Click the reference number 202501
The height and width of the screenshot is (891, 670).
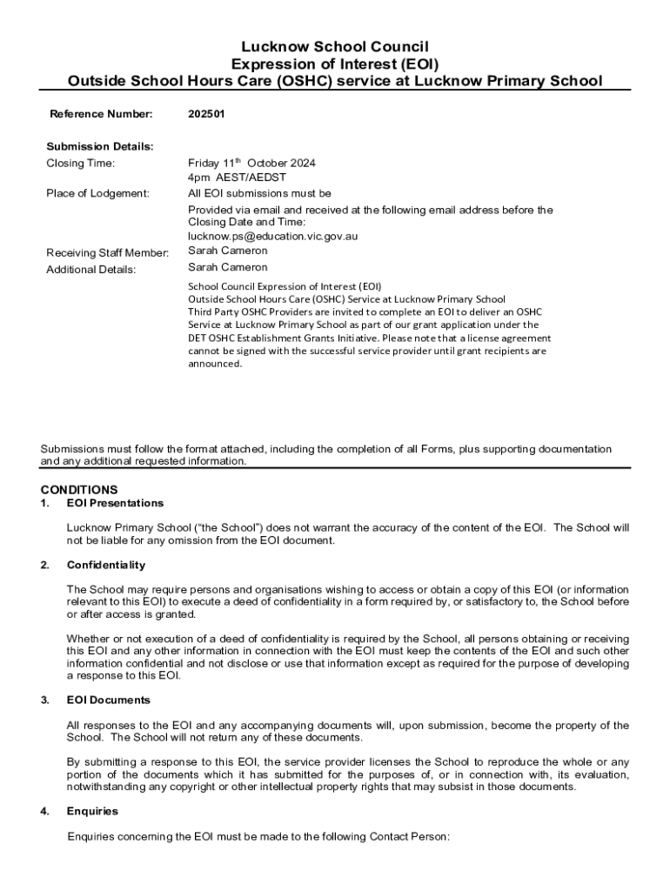(x=206, y=114)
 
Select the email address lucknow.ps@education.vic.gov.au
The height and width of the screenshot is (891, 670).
(x=273, y=236)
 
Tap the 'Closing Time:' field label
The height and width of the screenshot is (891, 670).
(x=80, y=164)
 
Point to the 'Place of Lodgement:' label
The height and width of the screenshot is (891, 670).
(x=97, y=193)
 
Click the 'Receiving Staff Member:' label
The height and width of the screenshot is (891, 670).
(x=107, y=253)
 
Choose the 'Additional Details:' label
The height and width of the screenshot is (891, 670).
(x=90, y=270)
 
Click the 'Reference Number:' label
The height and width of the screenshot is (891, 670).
(x=101, y=114)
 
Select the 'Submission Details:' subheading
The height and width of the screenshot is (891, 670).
(x=99, y=146)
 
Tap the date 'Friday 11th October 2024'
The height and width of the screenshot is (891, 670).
(x=251, y=163)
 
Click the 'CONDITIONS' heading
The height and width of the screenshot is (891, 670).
(x=79, y=490)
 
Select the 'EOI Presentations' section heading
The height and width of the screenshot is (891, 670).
(x=115, y=503)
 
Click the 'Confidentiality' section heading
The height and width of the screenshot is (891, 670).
(x=106, y=566)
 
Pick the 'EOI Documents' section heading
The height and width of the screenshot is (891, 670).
(x=109, y=700)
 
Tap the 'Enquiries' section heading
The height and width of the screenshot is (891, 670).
(x=92, y=812)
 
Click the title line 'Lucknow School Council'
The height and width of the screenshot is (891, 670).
(x=335, y=46)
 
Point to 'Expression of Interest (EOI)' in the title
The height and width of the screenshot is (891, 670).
(x=335, y=64)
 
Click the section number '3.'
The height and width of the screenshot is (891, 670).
(x=44, y=700)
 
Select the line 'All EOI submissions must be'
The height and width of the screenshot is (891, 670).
(x=259, y=193)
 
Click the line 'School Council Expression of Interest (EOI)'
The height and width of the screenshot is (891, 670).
(x=285, y=286)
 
